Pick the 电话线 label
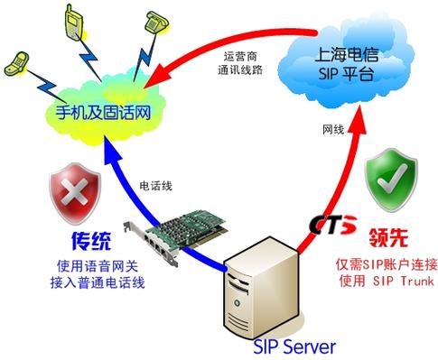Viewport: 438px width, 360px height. tap(158, 185)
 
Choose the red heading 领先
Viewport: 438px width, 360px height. tap(389, 241)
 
